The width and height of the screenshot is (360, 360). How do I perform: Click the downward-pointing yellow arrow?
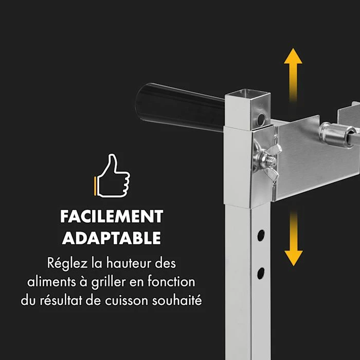(x=294, y=239)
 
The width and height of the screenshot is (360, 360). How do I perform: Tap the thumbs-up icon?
(x=112, y=175)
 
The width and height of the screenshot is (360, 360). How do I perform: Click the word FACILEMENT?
(x=112, y=217)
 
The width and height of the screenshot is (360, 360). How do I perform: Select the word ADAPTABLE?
(x=112, y=238)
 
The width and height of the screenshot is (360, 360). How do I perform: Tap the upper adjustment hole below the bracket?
(x=261, y=236)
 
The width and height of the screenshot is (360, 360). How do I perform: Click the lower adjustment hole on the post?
(x=261, y=273)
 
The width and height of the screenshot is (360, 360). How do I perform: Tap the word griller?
(x=109, y=282)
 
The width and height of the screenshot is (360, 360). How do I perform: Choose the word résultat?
(x=60, y=300)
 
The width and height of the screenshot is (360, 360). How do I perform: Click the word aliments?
(x=51, y=282)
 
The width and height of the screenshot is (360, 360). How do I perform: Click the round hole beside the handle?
(x=261, y=119)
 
